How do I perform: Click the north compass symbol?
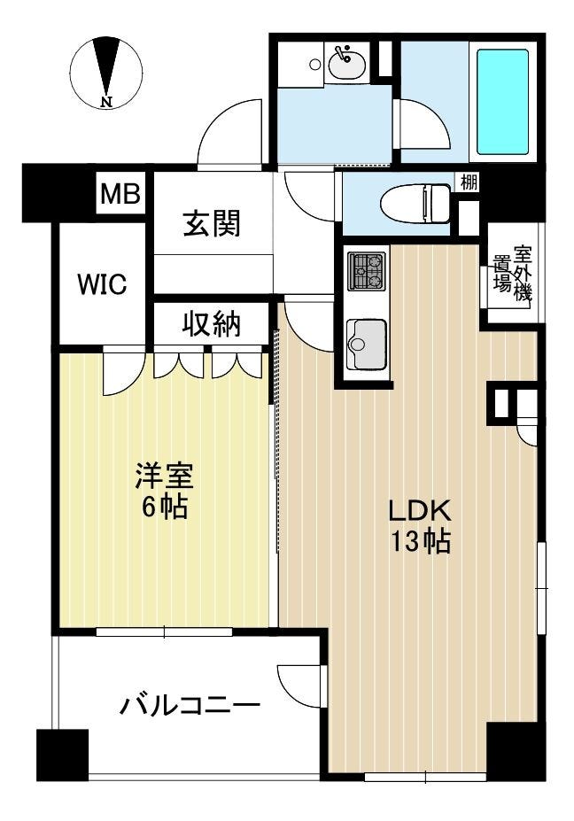106,73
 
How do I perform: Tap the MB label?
120,194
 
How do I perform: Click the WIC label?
102,285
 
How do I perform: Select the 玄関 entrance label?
212,223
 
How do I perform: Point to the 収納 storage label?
212,323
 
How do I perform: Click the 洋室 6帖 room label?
165,490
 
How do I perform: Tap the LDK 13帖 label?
419,526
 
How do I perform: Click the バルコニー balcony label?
190,705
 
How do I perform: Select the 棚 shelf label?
469,182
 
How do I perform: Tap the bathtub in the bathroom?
502,102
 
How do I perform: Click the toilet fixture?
415,203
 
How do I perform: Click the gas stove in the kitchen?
368,271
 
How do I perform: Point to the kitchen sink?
367,344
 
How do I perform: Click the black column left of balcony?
62,754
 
